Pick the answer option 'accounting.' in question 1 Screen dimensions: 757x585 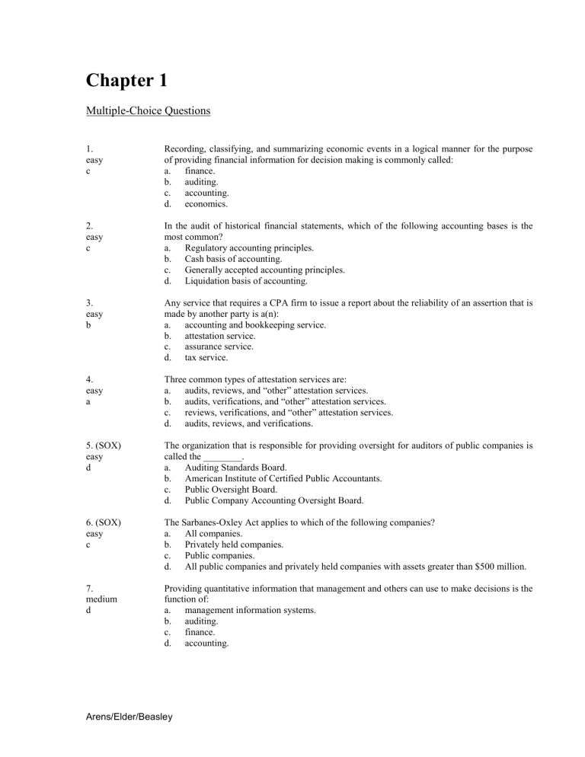click(x=209, y=193)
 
